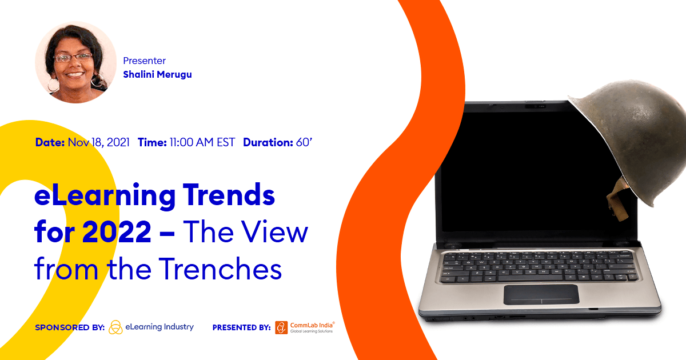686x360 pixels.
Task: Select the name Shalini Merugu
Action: pyautogui.click(x=157, y=74)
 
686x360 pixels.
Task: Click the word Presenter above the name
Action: pyautogui.click(x=144, y=61)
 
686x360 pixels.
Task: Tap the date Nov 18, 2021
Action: pyautogui.click(x=98, y=142)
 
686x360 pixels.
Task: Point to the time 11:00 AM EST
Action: pyautogui.click(x=202, y=142)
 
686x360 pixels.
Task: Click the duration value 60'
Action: pyautogui.click(x=304, y=142)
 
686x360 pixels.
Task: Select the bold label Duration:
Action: pyautogui.click(x=268, y=142)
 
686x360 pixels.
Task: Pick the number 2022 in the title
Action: pyautogui.click(x=123, y=233)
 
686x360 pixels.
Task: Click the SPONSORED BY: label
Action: pyautogui.click(x=69, y=327)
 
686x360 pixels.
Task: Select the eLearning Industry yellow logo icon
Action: pyautogui.click(x=115, y=327)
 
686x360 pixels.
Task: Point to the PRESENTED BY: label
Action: pyautogui.click(x=241, y=327)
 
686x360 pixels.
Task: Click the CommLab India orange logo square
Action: pyautogui.click(x=281, y=327)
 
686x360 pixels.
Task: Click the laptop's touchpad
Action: pyautogui.click(x=541, y=294)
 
